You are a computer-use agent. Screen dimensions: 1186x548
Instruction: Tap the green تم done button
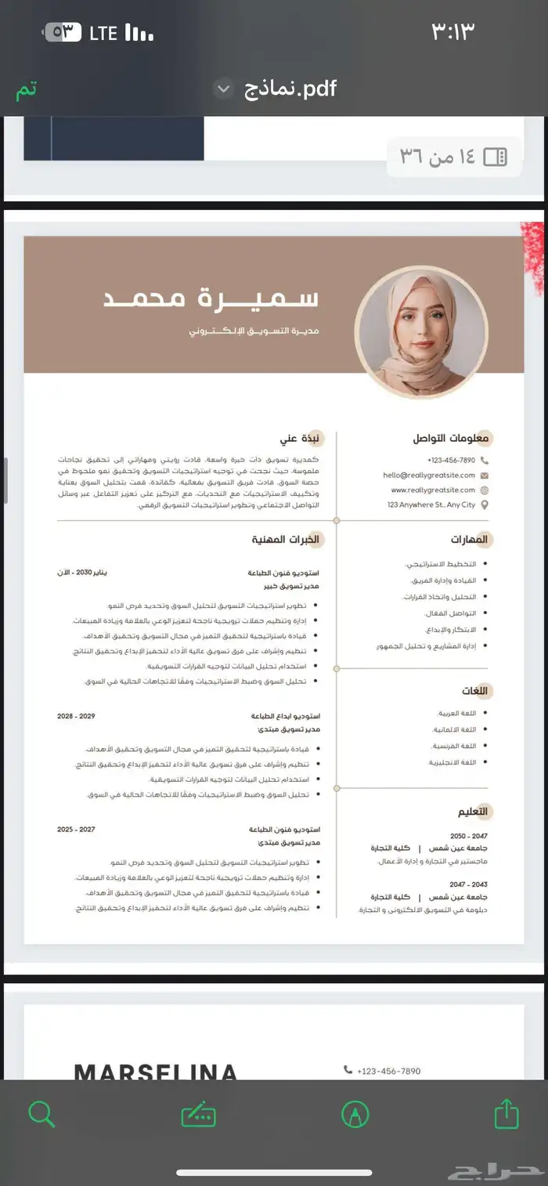26,89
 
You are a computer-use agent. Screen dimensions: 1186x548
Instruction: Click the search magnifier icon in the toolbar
41,1113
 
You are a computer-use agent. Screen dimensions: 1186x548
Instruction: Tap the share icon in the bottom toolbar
506,1113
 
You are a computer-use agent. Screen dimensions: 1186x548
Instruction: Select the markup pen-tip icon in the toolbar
355,1113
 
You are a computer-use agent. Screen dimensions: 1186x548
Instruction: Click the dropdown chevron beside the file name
223,89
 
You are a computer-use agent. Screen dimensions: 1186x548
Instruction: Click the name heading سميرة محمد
211,298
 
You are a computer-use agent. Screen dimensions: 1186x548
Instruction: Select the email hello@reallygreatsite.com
429,475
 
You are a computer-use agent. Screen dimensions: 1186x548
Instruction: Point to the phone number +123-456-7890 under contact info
451,460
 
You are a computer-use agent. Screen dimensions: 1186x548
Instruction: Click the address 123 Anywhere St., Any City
431,504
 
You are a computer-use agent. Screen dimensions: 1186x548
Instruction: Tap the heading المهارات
469,540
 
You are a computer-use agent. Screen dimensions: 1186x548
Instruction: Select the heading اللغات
474,691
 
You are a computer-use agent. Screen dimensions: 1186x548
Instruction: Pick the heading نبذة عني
301,439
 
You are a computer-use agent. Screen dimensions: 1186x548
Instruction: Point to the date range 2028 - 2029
76,716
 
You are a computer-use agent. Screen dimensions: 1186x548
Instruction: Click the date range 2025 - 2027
76,829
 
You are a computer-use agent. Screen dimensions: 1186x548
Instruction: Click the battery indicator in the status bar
63,32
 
